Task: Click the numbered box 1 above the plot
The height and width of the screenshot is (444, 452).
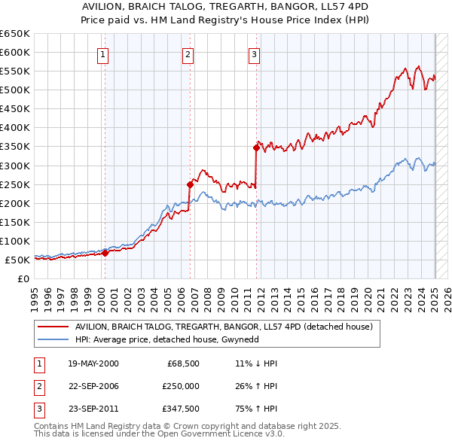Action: (x=102, y=53)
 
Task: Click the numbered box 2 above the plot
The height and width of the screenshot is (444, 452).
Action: (x=187, y=53)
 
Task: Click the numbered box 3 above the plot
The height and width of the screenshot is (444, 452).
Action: (x=254, y=53)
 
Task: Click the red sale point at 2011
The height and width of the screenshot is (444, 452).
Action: (x=257, y=147)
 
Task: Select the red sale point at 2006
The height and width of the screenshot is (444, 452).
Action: (x=190, y=184)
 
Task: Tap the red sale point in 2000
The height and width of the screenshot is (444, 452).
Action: (x=105, y=253)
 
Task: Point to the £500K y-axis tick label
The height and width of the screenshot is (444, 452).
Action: (x=15, y=90)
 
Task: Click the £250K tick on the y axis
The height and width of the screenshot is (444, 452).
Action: (x=15, y=184)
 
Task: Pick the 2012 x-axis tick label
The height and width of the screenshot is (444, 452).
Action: (x=261, y=297)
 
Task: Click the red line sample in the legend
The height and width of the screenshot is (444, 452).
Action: (x=52, y=327)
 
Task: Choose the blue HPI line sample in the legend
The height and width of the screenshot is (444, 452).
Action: (x=52, y=339)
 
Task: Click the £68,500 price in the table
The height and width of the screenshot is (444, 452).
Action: (x=183, y=363)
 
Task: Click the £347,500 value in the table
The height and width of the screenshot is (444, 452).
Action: (x=180, y=409)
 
